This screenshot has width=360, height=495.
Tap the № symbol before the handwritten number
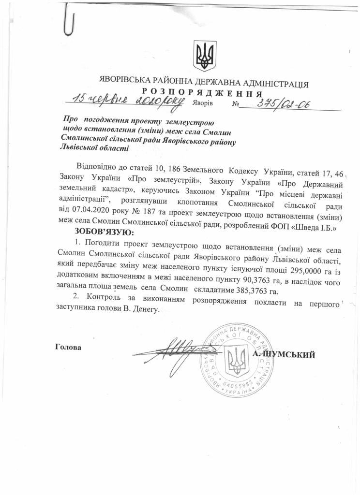[x=236, y=104]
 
